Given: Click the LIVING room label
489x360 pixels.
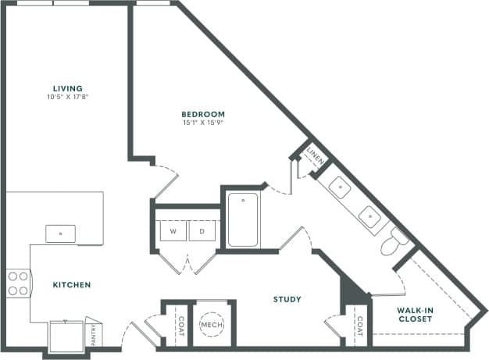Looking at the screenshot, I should [68, 88].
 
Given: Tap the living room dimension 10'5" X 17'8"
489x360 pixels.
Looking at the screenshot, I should [68, 97].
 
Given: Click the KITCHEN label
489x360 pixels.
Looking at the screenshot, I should [72, 285].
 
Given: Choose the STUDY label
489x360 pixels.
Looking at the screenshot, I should [287, 299].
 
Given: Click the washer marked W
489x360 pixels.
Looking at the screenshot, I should [173, 232].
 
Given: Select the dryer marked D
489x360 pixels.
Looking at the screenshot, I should [201, 232].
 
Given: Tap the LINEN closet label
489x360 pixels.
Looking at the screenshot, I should [313, 155].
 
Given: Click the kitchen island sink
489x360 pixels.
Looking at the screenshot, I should [60, 233].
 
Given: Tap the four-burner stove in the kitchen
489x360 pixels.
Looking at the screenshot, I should [17, 284].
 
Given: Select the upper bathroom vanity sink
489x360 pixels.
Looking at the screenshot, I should [340, 187].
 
